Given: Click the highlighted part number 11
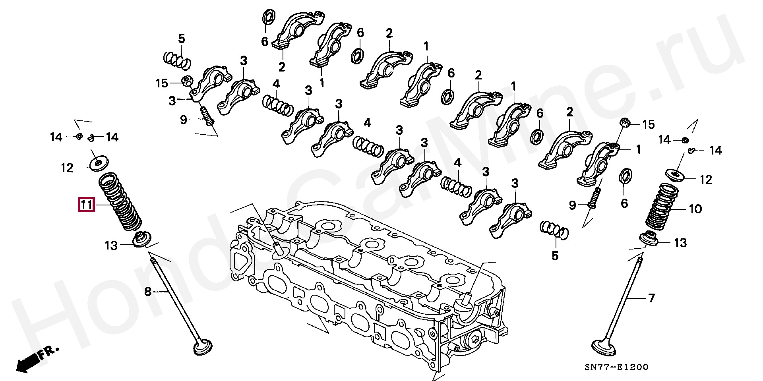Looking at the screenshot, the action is pos(86,205).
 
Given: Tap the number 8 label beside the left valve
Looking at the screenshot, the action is pos(147,292).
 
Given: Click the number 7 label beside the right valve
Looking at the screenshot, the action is pos(651,298).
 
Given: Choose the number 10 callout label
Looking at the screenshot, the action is pos(695,209).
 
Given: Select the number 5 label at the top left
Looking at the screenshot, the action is pos(182,39).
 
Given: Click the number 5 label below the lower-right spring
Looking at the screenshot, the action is pos(555,256).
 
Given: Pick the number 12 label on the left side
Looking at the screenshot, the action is pos(67,168).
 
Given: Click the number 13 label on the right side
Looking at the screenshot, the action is pos(681,242).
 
